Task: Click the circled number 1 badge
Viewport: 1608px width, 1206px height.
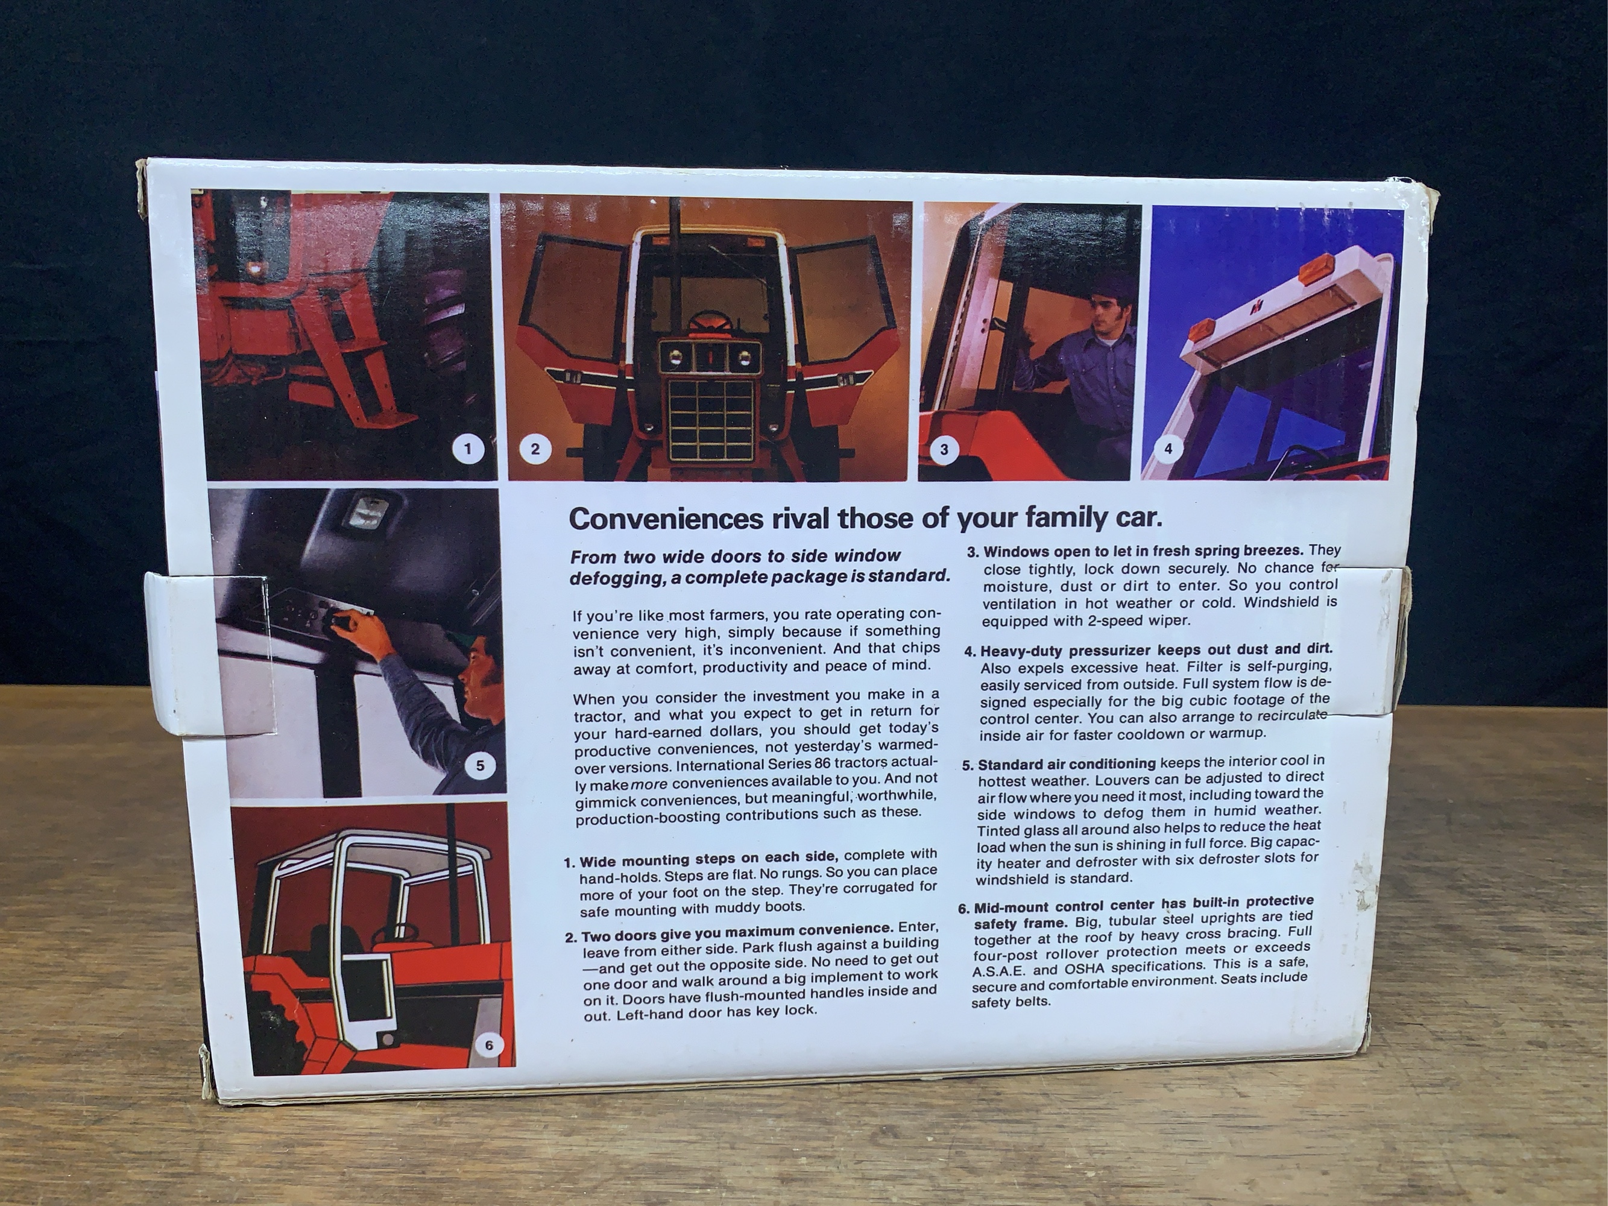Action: click(467, 449)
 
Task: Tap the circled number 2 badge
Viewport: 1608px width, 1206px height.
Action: click(535, 449)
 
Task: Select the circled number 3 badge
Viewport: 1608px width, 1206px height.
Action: click(944, 449)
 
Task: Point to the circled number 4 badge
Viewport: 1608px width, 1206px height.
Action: click(1168, 449)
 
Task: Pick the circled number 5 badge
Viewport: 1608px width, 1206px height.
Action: click(480, 765)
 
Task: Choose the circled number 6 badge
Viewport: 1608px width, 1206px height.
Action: click(488, 1046)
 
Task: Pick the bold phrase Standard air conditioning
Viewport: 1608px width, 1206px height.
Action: click(1066, 764)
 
